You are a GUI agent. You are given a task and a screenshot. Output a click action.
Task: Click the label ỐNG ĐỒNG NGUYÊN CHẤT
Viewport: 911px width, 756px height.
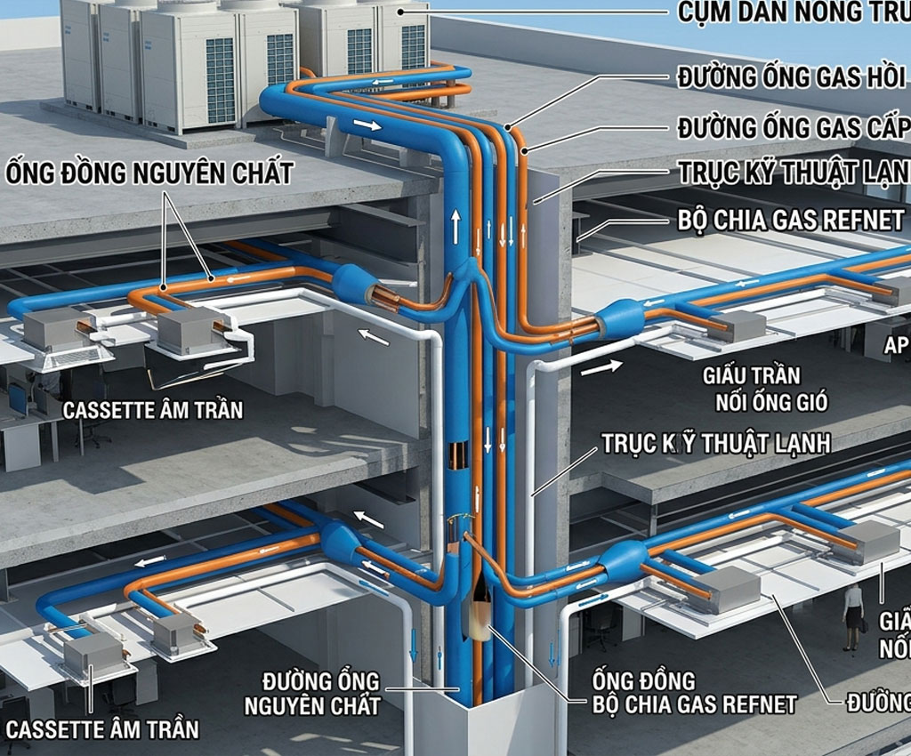tap(149, 173)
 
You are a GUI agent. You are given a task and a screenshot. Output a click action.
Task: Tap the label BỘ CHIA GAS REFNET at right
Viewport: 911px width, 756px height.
tap(790, 220)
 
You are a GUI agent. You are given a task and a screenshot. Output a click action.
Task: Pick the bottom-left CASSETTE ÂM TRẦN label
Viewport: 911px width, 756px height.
tap(102, 730)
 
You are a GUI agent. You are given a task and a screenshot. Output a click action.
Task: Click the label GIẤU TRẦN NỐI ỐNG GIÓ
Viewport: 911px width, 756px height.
tap(765, 389)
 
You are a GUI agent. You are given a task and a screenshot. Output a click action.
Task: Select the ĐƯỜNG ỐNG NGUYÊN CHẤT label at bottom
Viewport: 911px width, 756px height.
tap(322, 695)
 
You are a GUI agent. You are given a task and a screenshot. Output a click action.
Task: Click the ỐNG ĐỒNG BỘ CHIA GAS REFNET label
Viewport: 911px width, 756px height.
tap(695, 693)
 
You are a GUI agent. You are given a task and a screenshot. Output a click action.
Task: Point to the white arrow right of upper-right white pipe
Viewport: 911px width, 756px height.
tap(601, 366)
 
